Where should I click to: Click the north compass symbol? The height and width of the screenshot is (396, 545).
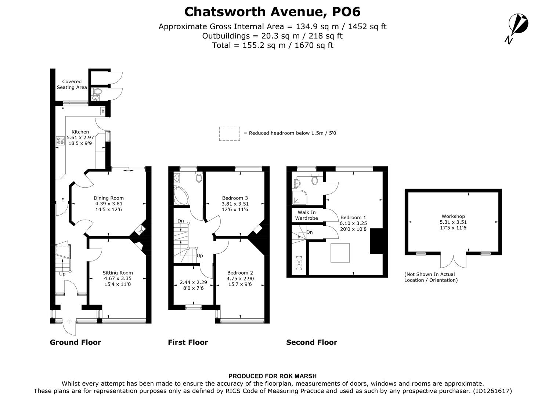pos(519,25)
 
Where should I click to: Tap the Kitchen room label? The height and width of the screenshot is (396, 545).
pos(80,132)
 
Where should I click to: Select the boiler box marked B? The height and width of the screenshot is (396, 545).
pos(103,111)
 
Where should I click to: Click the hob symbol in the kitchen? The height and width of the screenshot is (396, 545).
pos(60,141)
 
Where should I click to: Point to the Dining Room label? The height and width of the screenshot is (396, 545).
pos(109,198)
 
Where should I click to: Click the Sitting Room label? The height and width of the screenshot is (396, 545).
pos(118,273)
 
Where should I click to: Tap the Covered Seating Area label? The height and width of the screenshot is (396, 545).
pos(72,85)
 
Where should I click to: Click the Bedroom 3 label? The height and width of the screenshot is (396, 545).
pos(235,198)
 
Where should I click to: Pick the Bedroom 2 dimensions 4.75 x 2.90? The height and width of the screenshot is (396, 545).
pos(240,279)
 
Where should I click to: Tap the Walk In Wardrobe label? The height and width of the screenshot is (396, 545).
pos(307,215)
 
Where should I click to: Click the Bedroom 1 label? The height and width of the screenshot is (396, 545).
pos(353,217)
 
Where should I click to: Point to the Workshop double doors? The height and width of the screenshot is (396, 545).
pos(454,261)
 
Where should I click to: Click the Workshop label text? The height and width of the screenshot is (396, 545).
pos(453,216)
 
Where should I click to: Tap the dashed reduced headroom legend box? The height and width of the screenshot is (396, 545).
pos(230,133)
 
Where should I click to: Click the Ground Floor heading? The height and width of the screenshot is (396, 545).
pos(75,342)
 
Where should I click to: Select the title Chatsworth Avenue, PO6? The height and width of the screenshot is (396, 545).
pos(272,12)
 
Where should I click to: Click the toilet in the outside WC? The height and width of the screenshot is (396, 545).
pos(98,92)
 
